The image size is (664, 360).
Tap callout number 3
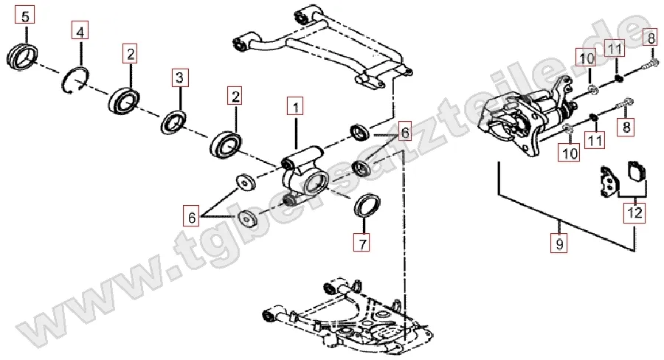pos(181,76)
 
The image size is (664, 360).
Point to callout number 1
pos(294,108)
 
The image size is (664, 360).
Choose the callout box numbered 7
pos(362,242)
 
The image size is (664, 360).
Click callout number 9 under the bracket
pos(560,243)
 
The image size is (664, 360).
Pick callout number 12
pos(634,213)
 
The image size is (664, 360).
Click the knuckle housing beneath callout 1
pos(305,176)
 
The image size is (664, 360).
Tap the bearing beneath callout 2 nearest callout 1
pos(226,143)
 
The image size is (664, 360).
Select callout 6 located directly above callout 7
pos(404,133)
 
